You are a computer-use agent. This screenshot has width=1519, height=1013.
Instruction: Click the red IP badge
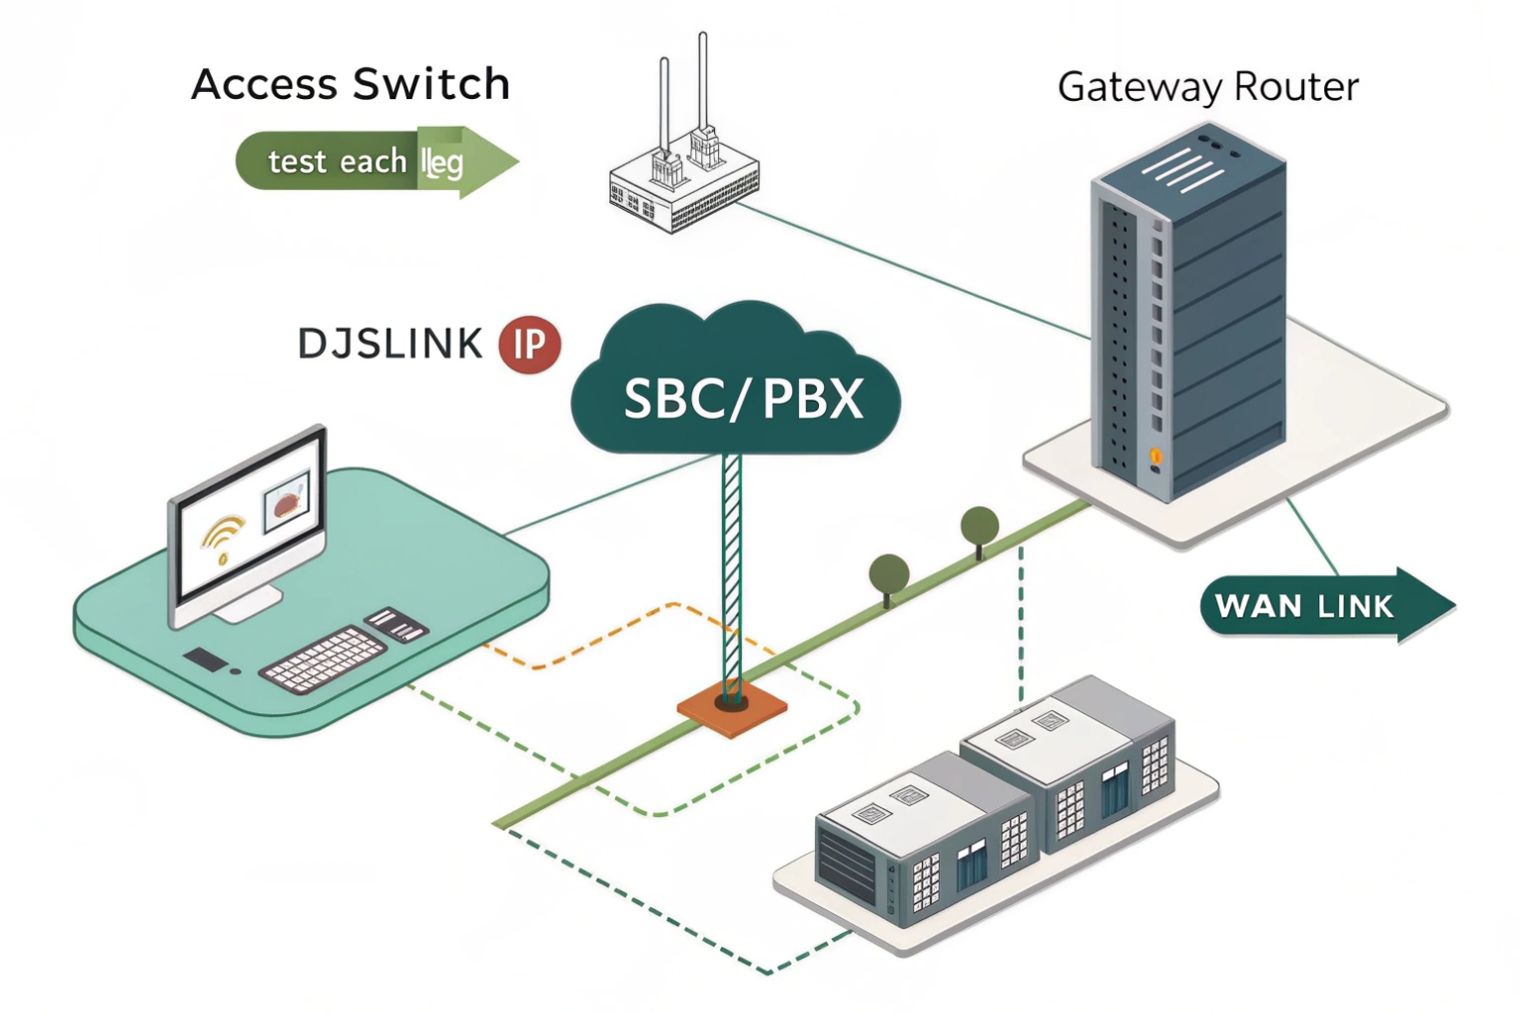529,345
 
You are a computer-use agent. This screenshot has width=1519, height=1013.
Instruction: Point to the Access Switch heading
351,84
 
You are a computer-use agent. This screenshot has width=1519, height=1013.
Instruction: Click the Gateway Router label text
1207,87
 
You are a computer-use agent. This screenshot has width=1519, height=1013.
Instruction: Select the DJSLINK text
390,344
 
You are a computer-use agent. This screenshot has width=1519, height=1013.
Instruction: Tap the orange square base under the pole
732,710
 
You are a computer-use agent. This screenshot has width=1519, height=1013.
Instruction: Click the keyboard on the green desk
322,659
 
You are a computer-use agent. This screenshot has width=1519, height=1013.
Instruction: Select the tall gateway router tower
1188,320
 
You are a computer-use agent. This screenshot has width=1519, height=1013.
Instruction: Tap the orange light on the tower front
1155,457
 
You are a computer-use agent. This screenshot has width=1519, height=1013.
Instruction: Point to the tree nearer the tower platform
980,526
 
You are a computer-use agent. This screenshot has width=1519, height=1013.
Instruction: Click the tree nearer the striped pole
889,575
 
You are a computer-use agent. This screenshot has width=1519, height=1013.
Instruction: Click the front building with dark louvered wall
914,839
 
